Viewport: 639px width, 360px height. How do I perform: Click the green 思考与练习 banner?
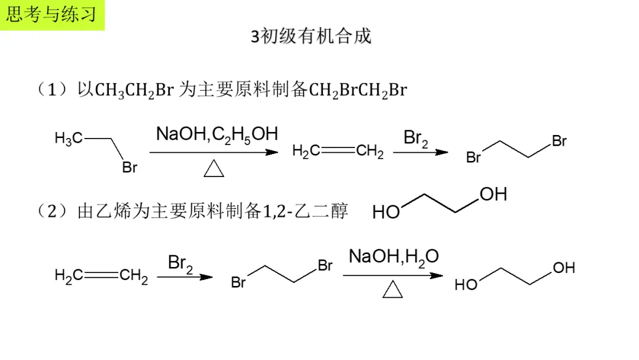click(52, 15)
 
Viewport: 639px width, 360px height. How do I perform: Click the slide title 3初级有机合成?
click(311, 36)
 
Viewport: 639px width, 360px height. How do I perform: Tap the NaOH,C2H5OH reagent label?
click(217, 134)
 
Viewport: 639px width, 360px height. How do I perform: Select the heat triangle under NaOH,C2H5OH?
click(214, 169)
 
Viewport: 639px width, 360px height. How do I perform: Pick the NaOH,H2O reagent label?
click(393, 256)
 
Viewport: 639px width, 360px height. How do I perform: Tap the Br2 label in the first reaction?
click(416, 139)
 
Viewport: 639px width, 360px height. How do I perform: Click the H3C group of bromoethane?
click(69, 139)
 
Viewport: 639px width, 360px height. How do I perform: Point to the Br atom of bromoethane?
click(130, 168)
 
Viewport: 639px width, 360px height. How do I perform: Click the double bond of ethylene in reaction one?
click(338, 152)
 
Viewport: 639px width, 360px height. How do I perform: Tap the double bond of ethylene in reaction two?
click(101, 275)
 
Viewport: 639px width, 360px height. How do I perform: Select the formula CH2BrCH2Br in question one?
click(358, 91)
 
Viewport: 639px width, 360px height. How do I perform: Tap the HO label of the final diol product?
click(466, 285)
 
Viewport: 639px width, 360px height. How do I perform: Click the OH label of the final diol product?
click(564, 268)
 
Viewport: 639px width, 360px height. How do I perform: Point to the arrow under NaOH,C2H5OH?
click(214, 152)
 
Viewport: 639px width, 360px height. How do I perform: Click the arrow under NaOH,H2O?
click(393, 275)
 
